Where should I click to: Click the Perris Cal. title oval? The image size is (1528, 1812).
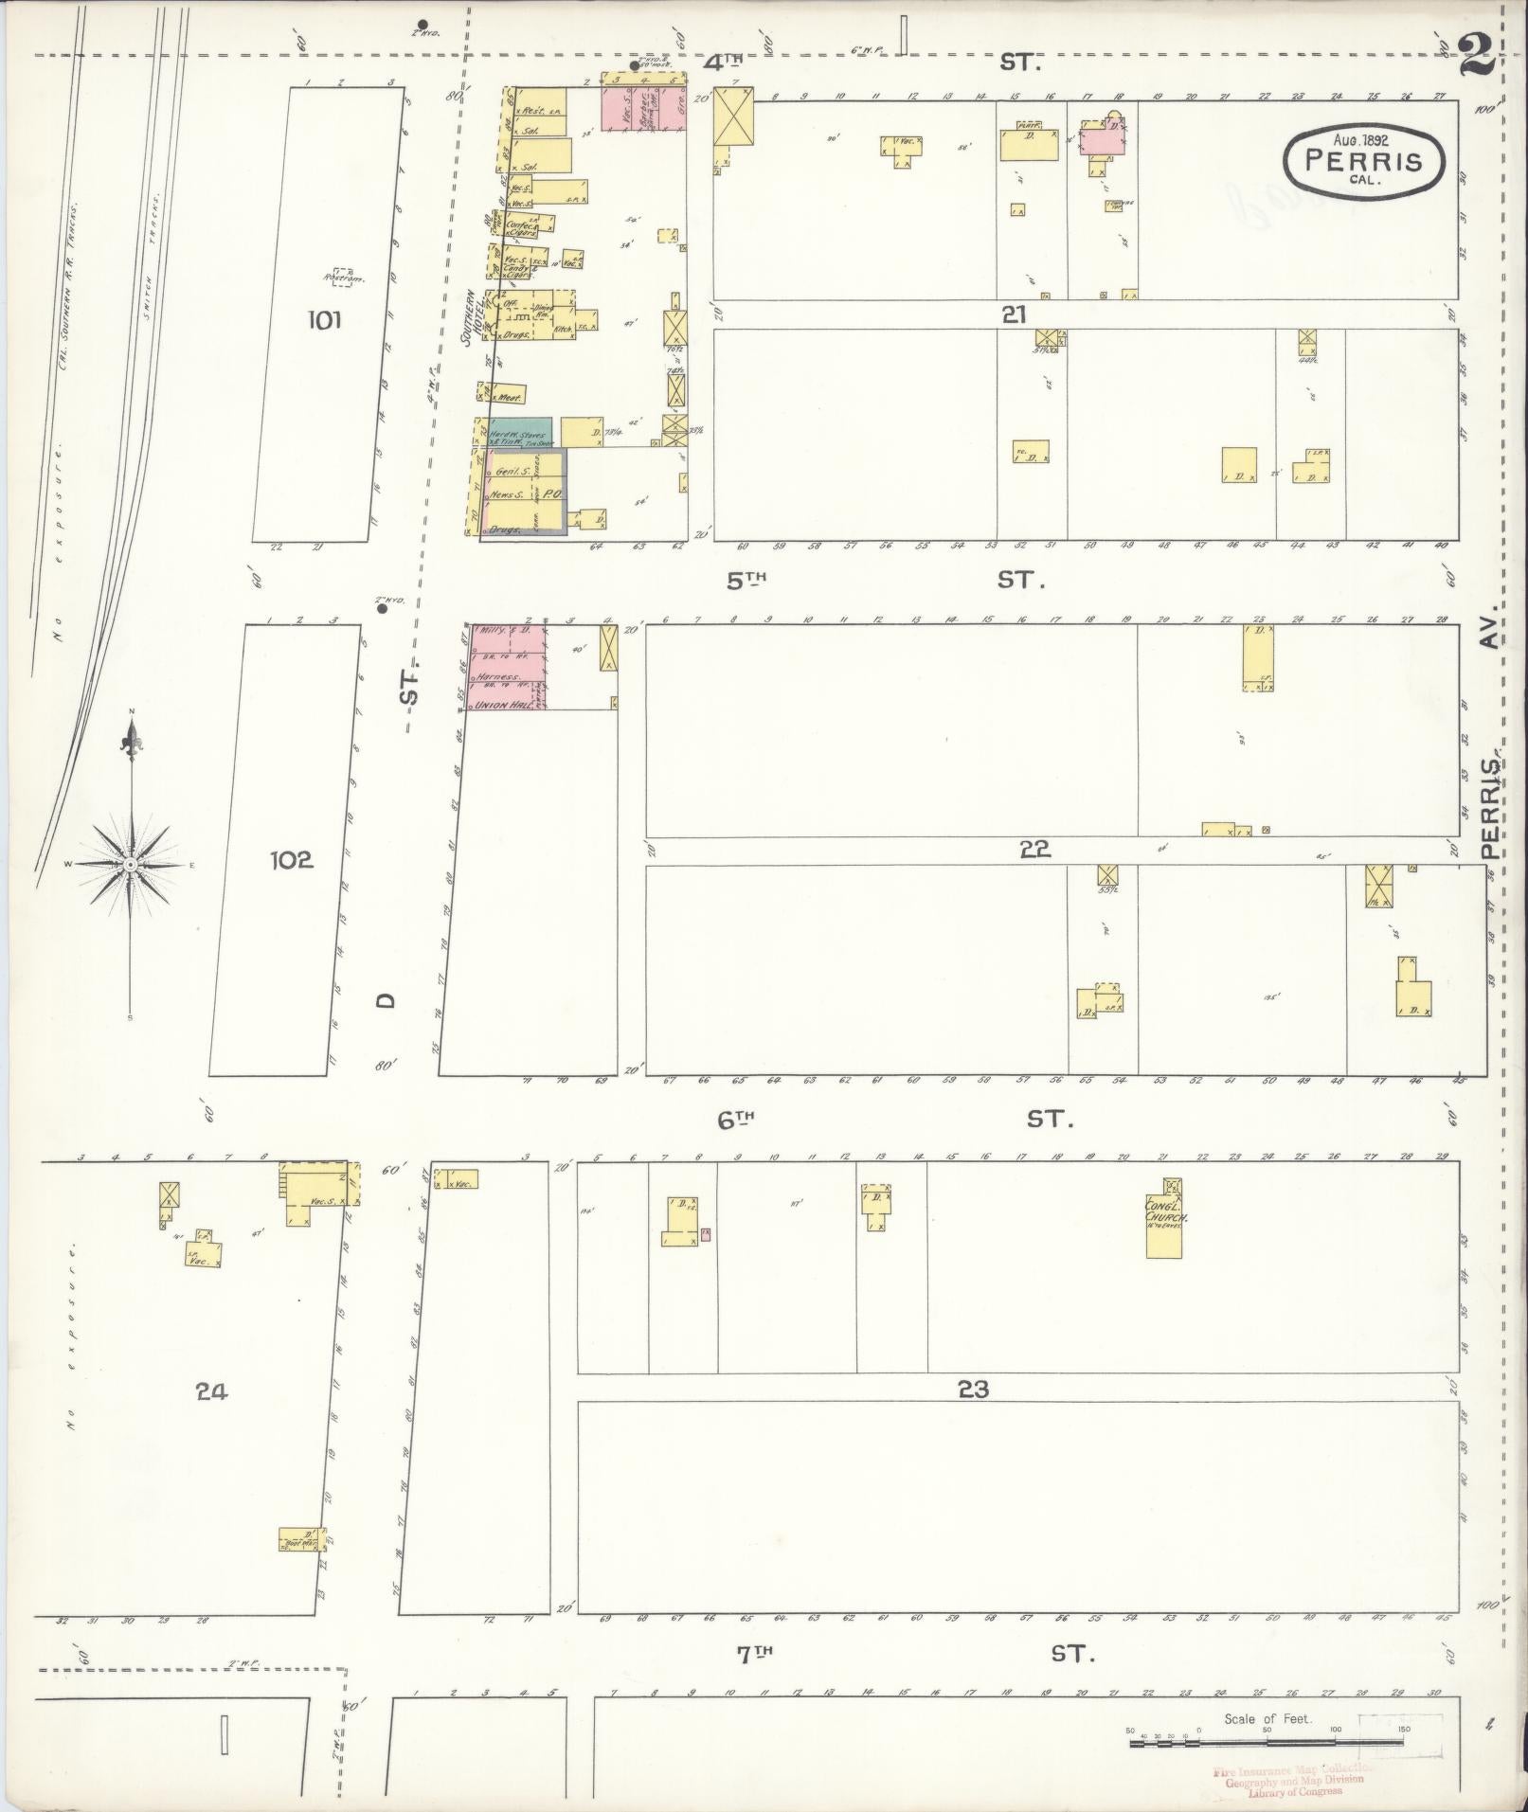[1364, 161]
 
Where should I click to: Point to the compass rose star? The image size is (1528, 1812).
[132, 864]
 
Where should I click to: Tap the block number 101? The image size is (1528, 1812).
[323, 320]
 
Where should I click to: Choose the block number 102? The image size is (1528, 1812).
[291, 860]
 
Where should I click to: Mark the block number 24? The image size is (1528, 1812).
[211, 1391]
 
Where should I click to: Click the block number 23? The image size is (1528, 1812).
[973, 1389]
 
